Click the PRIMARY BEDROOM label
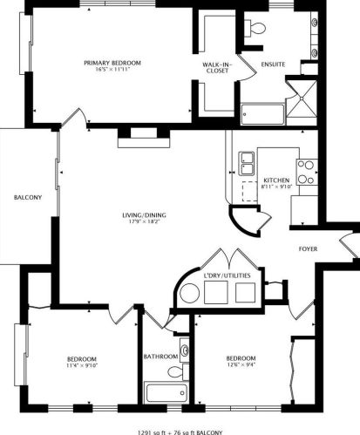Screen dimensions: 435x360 (112, 63)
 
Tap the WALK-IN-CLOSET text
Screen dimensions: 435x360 (215, 67)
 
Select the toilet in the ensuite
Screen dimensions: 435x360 (255, 31)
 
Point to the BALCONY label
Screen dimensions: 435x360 (27, 198)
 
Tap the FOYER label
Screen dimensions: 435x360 (308, 249)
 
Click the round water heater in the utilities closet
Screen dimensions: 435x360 (189, 296)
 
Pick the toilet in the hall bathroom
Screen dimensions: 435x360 (174, 372)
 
